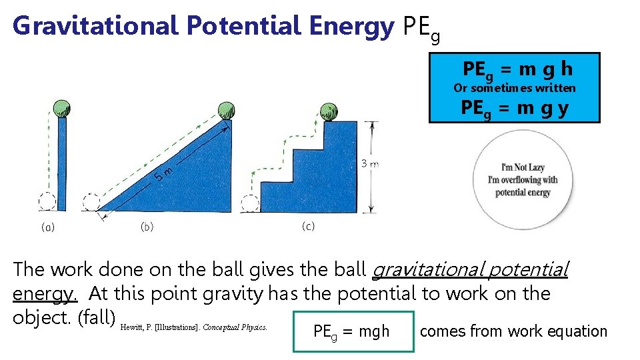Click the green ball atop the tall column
[61, 107]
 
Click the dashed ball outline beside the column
[47, 201]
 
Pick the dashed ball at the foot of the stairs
[251, 203]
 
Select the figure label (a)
[48, 227]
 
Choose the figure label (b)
[147, 227]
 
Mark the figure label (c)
[308, 227]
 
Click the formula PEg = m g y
[515, 108]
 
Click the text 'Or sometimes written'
[514, 88]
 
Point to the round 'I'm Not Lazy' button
[523, 180]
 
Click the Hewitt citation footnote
[195, 327]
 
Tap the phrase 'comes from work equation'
[513, 331]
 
